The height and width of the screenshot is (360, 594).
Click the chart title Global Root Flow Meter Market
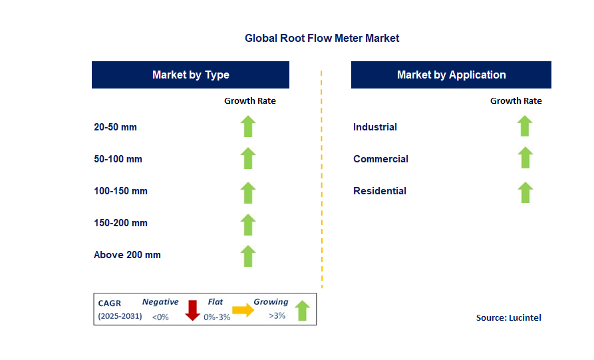coord(322,39)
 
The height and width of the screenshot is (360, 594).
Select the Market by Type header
coord(190,75)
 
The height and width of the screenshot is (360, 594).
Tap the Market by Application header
coord(451,75)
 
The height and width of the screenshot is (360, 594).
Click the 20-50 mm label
coord(115,127)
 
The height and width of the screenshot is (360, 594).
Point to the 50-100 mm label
coord(118,159)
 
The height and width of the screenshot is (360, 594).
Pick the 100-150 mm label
coord(120,190)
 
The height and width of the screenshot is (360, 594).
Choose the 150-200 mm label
coord(120,222)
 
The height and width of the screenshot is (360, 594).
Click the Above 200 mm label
coord(127,255)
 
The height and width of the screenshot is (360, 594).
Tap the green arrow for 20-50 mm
coord(248,126)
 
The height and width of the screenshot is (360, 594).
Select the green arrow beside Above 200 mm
coord(248,256)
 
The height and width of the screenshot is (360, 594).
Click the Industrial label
coord(374,127)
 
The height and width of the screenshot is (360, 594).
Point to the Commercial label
coord(380,159)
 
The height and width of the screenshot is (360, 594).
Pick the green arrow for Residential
coord(525,192)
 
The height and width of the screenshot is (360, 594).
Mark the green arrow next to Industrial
coord(525,126)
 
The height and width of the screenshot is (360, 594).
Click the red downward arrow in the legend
coord(192,310)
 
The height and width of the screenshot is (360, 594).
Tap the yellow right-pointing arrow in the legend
coord(243,309)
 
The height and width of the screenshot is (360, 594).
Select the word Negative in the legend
coord(160,301)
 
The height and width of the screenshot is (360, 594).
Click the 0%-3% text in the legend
coord(217,317)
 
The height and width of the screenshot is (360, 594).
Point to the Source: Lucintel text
coord(508,317)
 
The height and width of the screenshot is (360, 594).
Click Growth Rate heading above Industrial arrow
coord(516,100)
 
